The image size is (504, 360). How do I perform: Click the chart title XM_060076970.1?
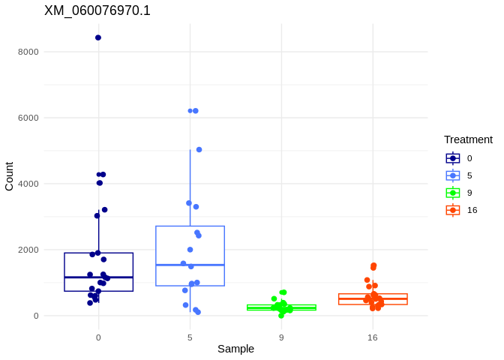click(x=97, y=10)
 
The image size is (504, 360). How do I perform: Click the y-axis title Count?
click(x=9, y=176)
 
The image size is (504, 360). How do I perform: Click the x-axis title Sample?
click(x=235, y=349)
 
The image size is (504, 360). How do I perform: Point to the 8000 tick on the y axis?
click(x=28, y=52)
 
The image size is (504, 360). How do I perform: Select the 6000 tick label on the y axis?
click(x=28, y=118)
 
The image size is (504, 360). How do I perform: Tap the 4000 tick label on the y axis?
click(x=28, y=184)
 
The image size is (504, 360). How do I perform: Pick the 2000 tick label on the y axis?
click(x=28, y=250)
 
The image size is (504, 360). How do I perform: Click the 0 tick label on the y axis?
click(x=35, y=316)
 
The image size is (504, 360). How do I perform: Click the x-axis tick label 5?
click(x=190, y=337)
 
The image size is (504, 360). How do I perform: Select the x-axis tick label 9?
click(x=281, y=337)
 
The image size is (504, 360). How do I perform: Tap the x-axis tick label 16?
click(x=373, y=337)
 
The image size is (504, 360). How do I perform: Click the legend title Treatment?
click(x=468, y=139)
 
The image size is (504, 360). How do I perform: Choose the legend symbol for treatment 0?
click(x=453, y=158)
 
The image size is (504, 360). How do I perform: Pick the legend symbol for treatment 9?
click(x=453, y=193)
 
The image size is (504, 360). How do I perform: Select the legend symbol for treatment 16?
click(x=453, y=210)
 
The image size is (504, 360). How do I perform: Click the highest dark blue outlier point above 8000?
click(x=98, y=37)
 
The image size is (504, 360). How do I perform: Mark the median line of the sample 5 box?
click(x=190, y=265)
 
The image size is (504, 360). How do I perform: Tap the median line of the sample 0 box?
click(x=98, y=277)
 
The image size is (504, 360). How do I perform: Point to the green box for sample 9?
click(x=281, y=307)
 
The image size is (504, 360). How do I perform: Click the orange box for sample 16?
click(x=373, y=299)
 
